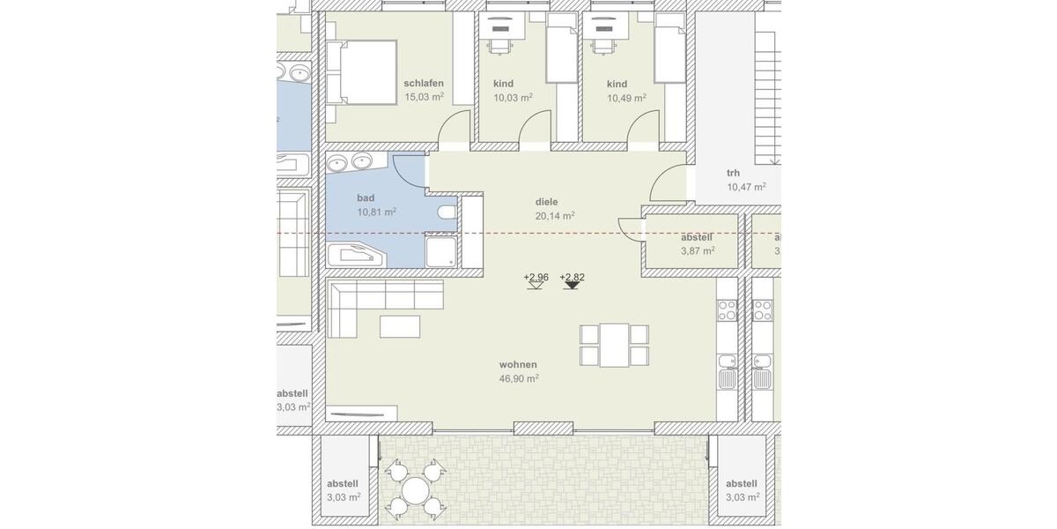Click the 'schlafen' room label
[x=424, y=83]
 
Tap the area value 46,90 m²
[x=519, y=378]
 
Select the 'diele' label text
[x=547, y=201]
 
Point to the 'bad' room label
[x=366, y=198]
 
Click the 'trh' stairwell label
[x=733, y=173]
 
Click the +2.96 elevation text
[x=536, y=277]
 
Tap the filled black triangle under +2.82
[x=573, y=286]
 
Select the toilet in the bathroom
[x=447, y=213]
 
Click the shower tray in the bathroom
[x=440, y=250]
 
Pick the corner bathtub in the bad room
[x=357, y=256]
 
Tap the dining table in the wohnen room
[x=615, y=345]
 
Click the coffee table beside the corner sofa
[x=401, y=326]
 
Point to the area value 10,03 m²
[x=513, y=98]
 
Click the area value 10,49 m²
[x=626, y=98]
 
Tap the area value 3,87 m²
[x=697, y=250]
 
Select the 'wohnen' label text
[x=518, y=364]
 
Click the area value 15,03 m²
[x=424, y=97]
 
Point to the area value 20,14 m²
[x=555, y=215]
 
